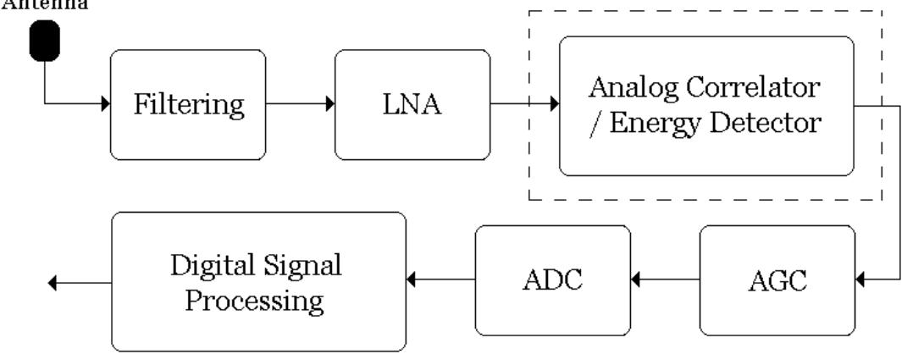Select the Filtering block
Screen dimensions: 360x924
pos(187,105)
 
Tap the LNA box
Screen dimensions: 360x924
pos(412,105)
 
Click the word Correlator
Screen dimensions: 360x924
pos(755,89)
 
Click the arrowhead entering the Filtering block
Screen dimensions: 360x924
pos(106,105)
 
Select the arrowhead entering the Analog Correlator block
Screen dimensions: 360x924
pos(553,105)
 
